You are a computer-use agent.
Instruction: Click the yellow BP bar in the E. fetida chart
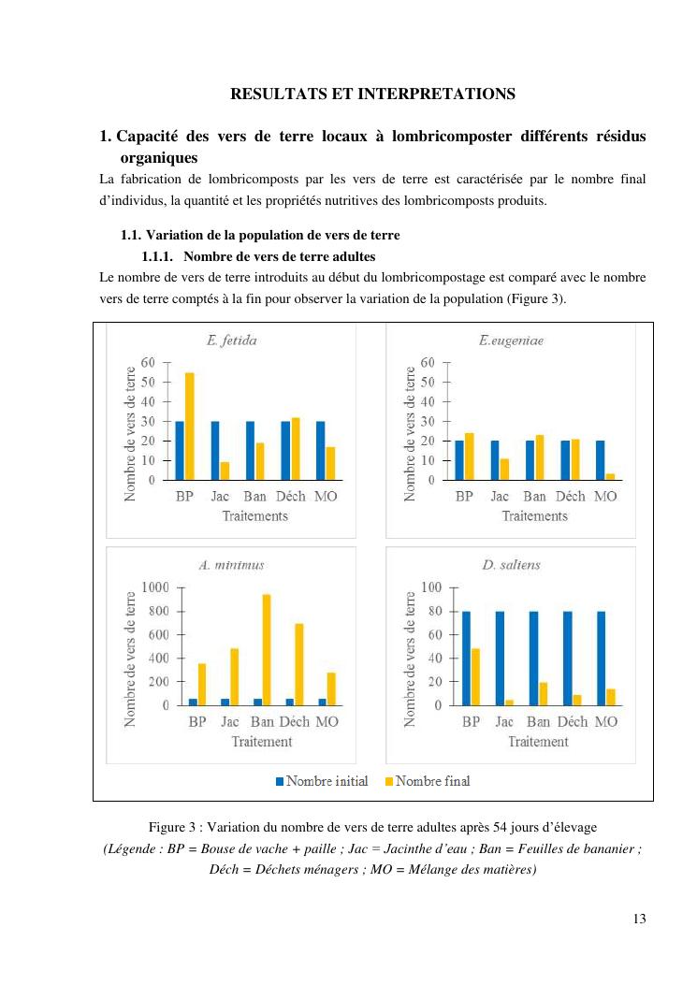(190, 426)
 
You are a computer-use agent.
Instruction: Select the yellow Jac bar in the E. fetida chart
(224, 471)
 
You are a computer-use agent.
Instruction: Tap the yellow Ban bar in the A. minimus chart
(267, 649)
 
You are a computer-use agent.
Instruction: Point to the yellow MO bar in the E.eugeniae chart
(610, 476)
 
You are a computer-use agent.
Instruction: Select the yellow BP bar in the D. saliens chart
(476, 676)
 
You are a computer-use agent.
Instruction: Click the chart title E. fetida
(231, 340)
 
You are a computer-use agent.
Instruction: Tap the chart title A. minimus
(231, 564)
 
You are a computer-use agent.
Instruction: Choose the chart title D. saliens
(511, 564)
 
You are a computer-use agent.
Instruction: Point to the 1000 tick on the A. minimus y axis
(154, 587)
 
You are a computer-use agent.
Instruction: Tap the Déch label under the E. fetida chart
(290, 496)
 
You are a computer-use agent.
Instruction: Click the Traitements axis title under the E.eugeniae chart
(534, 515)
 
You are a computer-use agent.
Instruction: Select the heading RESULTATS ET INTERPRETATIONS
(372, 94)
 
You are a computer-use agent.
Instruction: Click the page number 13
(639, 918)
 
